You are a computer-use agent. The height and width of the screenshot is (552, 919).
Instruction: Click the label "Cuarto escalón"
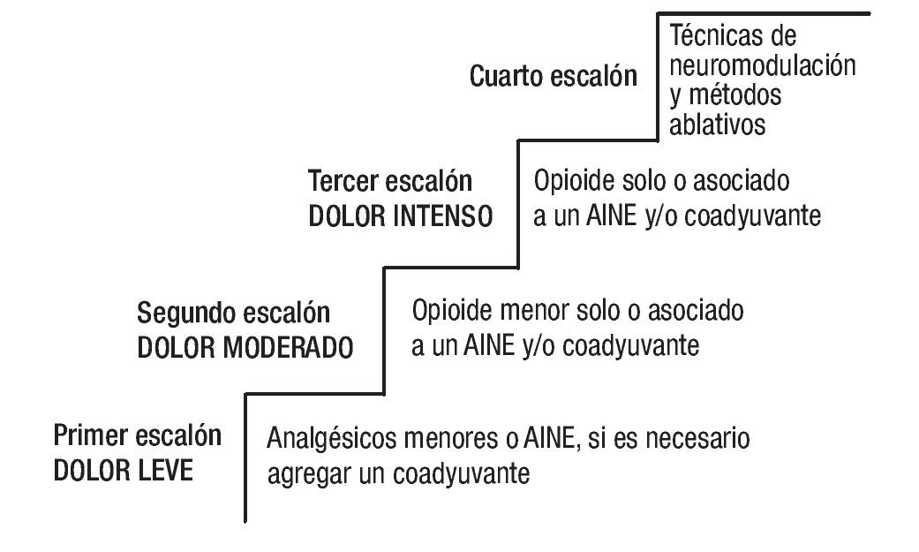(554, 76)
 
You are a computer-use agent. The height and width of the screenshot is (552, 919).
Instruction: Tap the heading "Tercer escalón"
(390, 182)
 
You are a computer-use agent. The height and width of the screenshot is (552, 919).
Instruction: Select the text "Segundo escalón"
(233, 313)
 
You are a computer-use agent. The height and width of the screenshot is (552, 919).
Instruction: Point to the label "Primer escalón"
(138, 435)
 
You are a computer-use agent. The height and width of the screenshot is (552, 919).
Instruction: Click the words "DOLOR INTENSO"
(400, 217)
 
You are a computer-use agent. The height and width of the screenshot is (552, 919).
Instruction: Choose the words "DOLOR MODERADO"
(245, 347)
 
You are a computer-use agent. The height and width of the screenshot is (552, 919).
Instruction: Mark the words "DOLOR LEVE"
(123, 471)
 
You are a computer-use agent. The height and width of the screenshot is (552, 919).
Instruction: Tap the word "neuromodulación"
(764, 65)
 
